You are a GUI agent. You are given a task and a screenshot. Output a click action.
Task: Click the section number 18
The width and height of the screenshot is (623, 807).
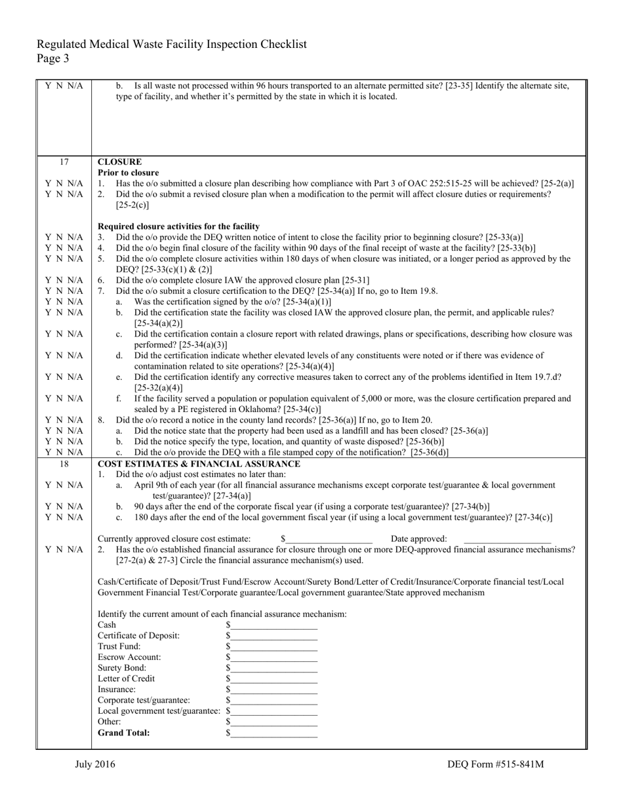64,464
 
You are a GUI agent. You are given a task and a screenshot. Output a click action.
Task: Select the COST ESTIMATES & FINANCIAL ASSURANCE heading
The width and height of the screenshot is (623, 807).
199,464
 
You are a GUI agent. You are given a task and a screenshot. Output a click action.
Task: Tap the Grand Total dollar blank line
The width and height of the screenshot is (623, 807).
273,733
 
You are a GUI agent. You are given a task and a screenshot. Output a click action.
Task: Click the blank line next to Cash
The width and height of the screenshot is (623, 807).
273,625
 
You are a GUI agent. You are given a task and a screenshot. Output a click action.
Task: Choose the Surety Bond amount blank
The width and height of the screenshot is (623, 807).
273,668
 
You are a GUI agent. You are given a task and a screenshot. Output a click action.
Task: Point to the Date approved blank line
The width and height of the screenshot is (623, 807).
507,539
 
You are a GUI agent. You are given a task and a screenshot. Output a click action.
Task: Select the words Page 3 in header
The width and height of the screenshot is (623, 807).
52,58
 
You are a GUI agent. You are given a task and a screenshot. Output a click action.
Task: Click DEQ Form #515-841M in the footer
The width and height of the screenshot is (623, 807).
496,764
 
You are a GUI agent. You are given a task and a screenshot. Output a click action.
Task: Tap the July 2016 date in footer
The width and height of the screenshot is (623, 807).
95,764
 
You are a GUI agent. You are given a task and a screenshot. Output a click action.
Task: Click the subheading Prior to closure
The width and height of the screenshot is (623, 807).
129,173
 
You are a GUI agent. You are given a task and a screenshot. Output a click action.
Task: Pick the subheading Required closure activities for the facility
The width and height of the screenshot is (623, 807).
178,226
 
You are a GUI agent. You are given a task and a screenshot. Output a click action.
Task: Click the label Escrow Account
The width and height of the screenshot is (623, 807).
129,657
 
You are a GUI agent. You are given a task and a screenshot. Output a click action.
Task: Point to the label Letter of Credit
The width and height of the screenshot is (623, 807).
127,678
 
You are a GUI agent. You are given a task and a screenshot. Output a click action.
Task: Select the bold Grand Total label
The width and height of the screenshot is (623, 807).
123,732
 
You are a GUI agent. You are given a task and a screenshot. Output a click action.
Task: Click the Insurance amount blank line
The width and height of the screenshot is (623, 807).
273,690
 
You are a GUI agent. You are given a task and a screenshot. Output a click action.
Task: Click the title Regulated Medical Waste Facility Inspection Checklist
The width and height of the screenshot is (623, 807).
172,45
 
